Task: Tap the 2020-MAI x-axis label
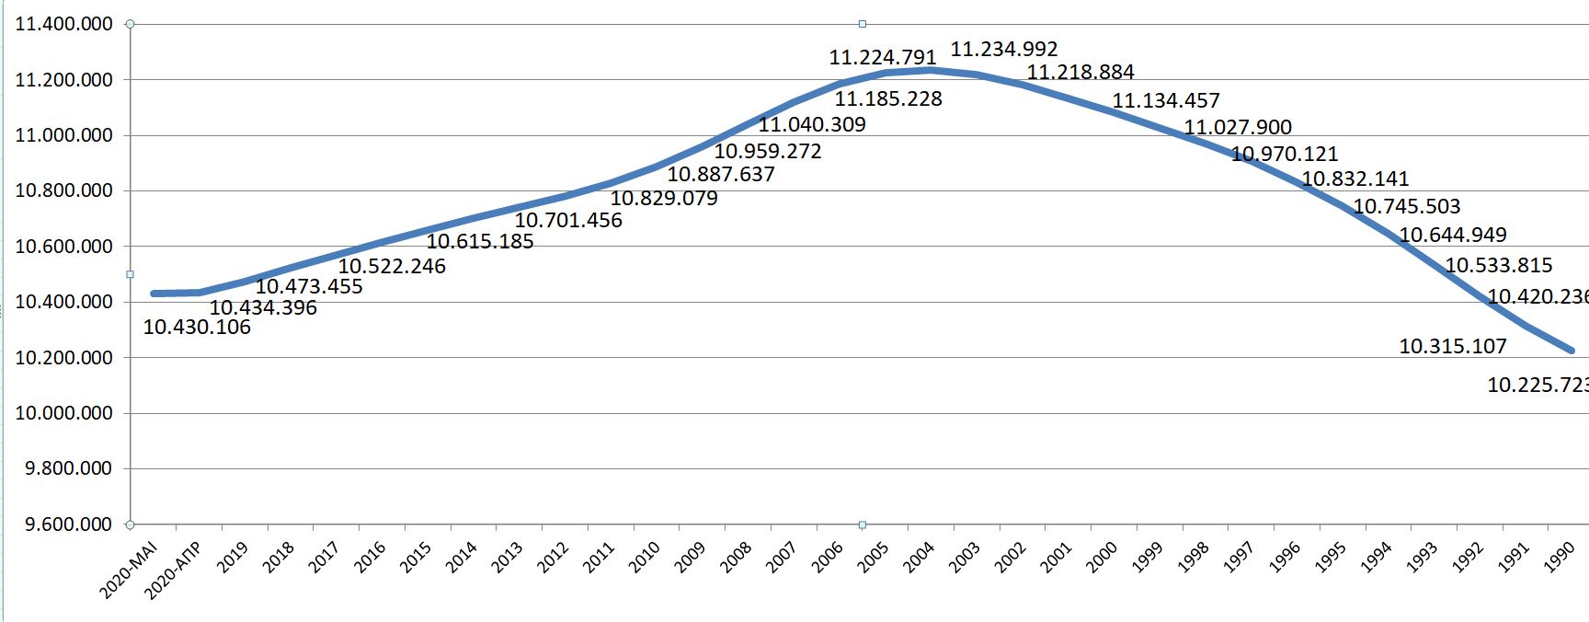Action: pos(130,570)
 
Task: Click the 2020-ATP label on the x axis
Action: pos(174,570)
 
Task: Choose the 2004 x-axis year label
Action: pos(919,557)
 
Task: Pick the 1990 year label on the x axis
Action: pos(1560,557)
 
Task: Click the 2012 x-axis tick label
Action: pos(553,557)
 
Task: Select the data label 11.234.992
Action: pos(1003,49)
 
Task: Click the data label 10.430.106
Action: pos(197,328)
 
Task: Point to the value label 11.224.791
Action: pos(883,57)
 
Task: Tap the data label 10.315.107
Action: pos(1453,346)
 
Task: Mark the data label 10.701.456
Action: pos(568,220)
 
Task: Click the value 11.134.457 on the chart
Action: pos(1166,100)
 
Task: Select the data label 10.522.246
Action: pos(392,266)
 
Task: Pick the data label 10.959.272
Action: pos(768,151)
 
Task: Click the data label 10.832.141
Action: pos(1355,179)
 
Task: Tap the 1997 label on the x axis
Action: pos(1239,557)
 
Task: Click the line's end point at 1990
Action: pos(1572,351)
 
